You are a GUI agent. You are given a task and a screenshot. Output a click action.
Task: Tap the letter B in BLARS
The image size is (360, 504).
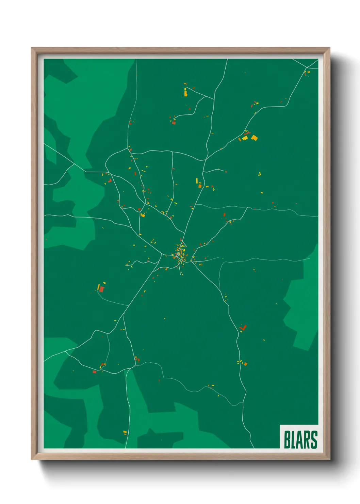(x=287, y=440)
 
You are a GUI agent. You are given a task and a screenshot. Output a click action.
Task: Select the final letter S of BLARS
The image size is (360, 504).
(x=314, y=440)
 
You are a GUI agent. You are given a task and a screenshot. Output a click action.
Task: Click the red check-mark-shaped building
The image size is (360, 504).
(x=243, y=328)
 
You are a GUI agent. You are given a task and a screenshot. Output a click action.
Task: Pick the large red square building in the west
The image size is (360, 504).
(x=101, y=289)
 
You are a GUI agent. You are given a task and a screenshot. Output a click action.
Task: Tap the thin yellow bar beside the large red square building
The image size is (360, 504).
(x=98, y=287)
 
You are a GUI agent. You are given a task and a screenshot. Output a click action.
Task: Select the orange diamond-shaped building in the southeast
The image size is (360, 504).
(x=245, y=364)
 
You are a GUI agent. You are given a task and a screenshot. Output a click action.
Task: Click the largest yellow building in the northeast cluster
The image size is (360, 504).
(x=254, y=138)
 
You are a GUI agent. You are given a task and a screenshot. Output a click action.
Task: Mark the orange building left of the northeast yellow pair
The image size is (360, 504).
(x=240, y=139)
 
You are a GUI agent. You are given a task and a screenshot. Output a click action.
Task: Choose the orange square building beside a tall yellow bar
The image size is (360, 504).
(x=200, y=186)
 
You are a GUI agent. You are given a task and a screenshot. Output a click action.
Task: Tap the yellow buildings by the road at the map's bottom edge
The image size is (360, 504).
(x=125, y=432)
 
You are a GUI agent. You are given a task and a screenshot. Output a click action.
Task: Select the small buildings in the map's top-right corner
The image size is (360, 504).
(x=307, y=73)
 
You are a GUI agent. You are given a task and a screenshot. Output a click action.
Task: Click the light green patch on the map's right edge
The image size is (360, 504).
(x=301, y=306)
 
